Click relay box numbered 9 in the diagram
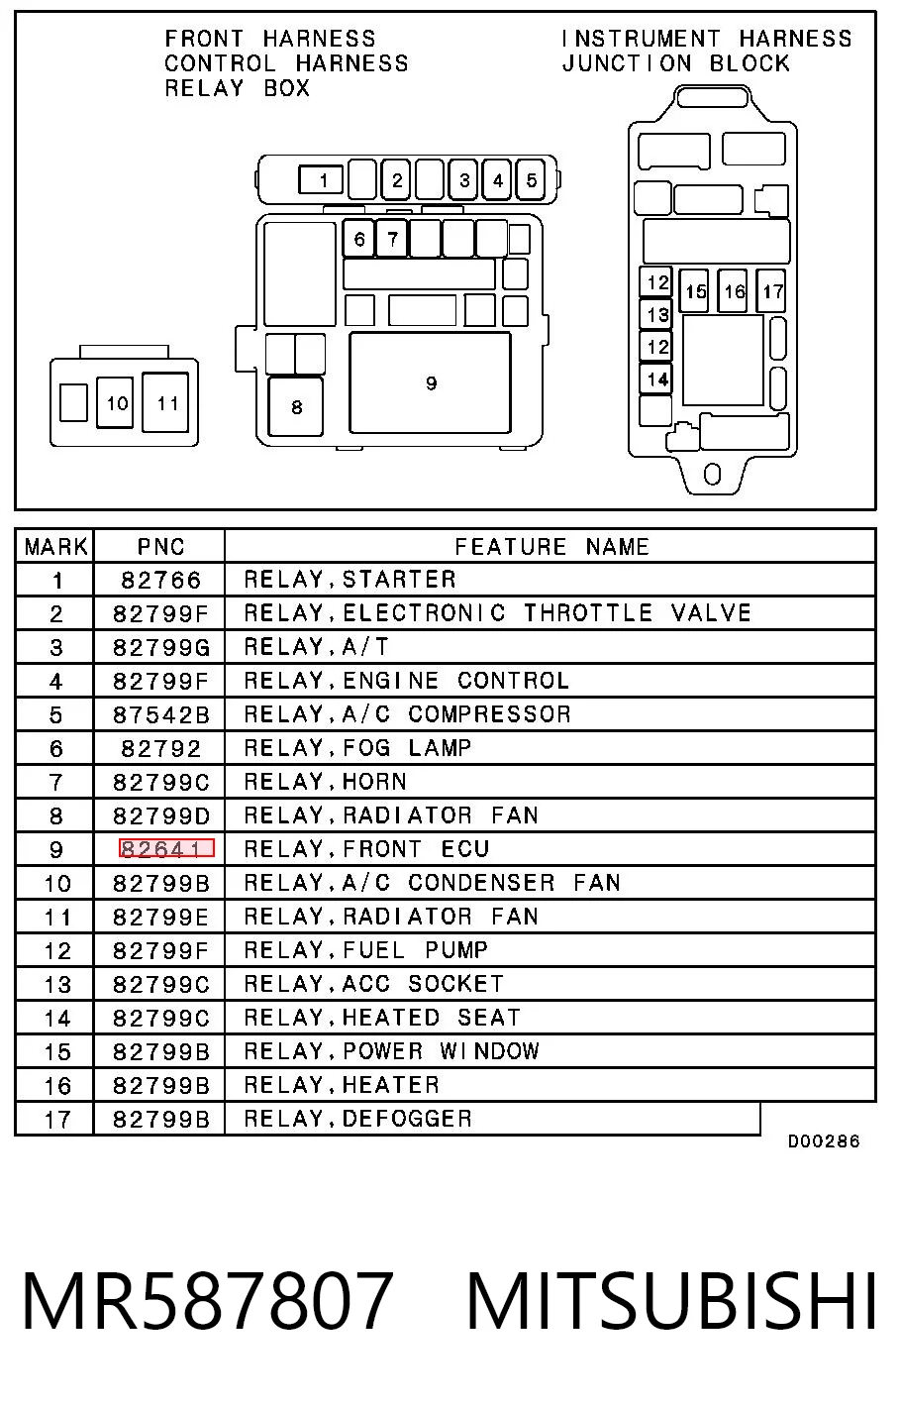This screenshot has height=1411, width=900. click(430, 382)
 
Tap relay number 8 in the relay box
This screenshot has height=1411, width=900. click(296, 406)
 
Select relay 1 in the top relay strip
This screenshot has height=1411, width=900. click(321, 180)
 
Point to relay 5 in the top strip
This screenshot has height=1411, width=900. click(531, 180)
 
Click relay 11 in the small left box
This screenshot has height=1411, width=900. click(165, 402)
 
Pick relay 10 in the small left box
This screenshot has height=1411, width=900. click(115, 402)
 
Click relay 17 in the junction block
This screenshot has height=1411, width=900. click(771, 290)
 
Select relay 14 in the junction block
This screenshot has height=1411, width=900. click(655, 380)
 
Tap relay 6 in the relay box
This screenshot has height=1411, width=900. click(358, 238)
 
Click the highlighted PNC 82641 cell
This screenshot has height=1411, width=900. click(166, 848)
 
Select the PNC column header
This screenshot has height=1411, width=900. click(160, 546)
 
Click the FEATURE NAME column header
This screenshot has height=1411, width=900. click(551, 546)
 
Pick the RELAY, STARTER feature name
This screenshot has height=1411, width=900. click(350, 580)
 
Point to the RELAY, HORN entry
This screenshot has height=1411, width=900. click(326, 782)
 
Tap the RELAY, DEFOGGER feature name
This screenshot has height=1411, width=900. click(358, 1119)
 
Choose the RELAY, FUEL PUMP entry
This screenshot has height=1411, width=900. click(365, 950)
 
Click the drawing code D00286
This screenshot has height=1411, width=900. click(823, 1141)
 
